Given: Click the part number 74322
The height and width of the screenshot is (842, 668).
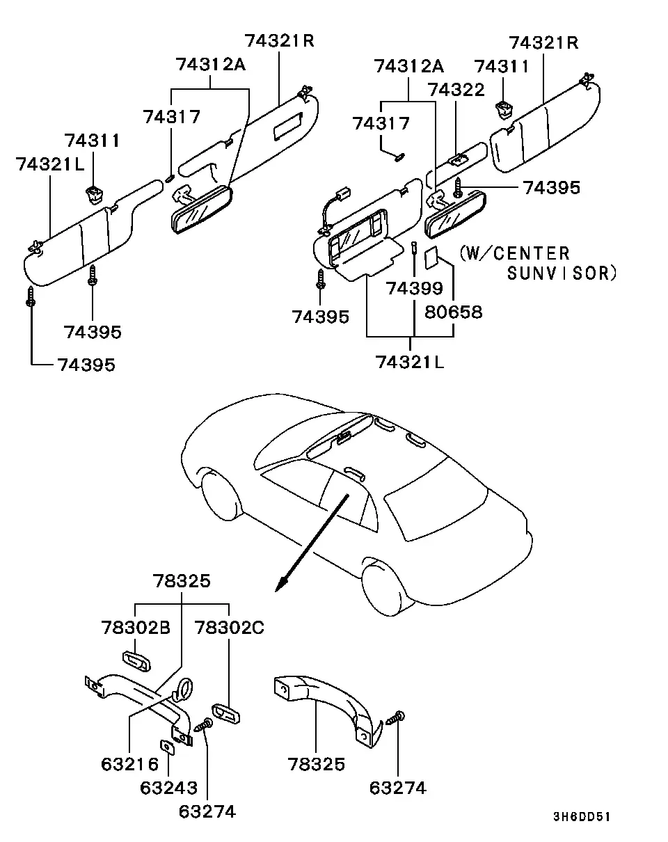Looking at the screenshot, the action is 456,90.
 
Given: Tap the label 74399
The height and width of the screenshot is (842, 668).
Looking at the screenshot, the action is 415,289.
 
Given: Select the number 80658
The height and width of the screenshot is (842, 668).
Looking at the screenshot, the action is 454,312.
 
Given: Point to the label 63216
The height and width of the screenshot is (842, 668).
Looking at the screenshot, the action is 130,764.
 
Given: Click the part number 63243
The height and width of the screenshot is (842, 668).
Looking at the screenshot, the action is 168,788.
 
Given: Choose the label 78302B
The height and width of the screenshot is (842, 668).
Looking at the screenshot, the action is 136,628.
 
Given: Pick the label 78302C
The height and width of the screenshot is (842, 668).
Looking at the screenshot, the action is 230,628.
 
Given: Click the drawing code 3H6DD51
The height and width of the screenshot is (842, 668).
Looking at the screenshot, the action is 582,816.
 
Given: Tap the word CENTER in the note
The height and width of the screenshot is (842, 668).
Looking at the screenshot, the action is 531,253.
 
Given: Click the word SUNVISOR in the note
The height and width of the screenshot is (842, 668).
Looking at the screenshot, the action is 562,273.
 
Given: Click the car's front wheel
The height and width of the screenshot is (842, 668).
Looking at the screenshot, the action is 220,495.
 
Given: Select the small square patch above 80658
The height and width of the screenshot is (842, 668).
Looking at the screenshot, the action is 431,257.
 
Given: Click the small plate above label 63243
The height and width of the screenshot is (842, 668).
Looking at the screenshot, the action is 167,747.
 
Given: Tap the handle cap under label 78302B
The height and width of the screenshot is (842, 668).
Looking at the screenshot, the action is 137,661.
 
